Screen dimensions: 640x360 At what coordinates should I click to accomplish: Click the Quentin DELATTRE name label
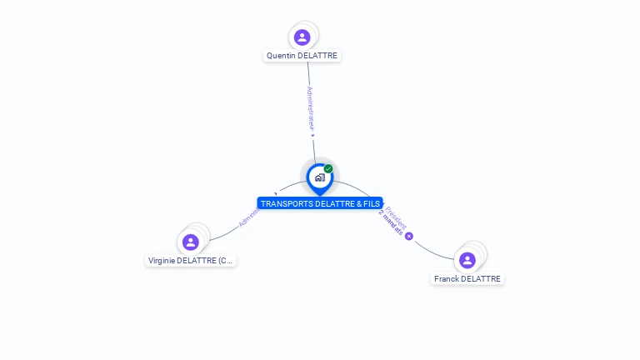coord(302,56)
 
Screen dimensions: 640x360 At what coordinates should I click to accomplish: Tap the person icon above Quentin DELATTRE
coord(302,37)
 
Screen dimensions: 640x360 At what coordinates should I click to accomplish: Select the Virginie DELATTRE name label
coord(191,261)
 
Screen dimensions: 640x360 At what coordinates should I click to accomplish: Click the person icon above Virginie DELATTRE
coord(191,242)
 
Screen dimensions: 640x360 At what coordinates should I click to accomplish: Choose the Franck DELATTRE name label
coord(467,278)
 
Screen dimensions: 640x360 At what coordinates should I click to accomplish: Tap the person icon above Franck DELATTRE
coord(467,260)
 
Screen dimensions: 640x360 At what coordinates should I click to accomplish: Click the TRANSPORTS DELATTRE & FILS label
coord(320,203)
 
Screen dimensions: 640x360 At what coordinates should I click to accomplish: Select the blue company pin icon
coord(319,177)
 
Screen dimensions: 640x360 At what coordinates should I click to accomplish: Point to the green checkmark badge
coord(328,169)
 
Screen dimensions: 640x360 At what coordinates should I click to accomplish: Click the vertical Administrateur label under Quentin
coord(310,109)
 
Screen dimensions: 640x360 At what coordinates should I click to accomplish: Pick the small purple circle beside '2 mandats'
coord(409,236)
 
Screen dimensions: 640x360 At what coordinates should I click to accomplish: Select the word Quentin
coord(281,56)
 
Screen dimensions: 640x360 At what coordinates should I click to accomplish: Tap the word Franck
coord(446,278)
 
